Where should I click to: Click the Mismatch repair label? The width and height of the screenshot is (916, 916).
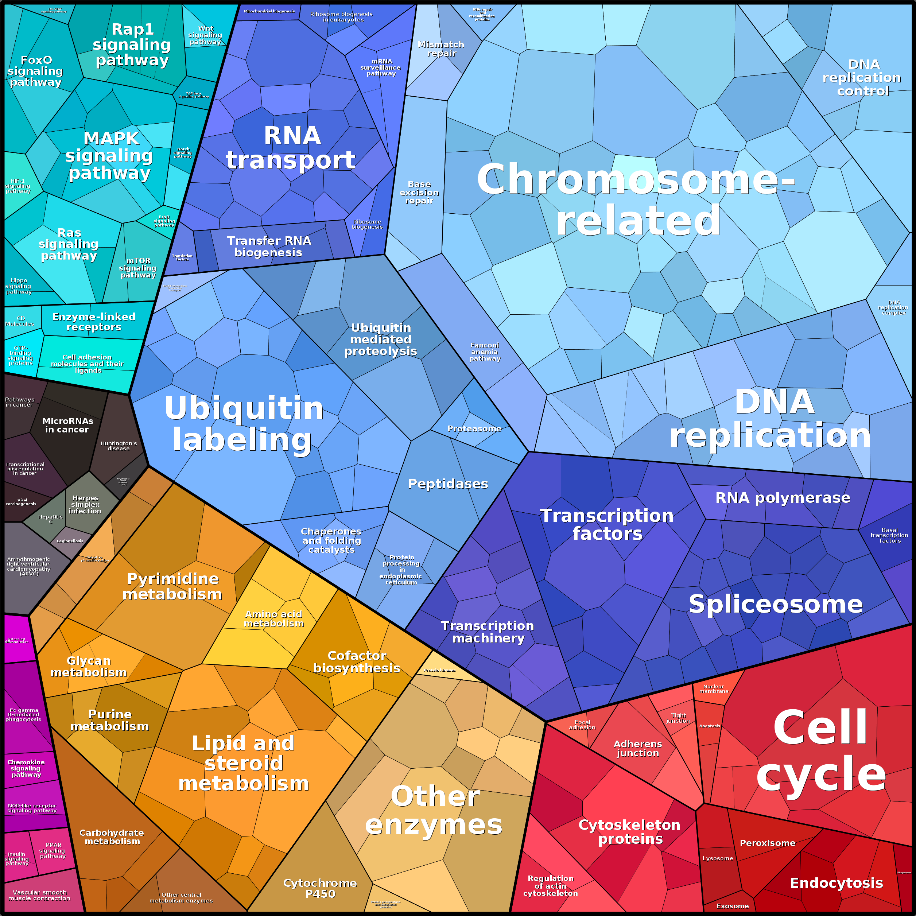(441, 49)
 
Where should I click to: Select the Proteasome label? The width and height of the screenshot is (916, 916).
(474, 428)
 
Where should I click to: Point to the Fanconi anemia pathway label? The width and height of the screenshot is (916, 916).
(485, 352)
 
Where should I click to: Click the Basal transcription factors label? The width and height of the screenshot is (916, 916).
(889, 535)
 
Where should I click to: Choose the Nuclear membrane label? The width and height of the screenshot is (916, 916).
(714, 689)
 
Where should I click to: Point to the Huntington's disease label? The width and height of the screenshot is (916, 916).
(119, 446)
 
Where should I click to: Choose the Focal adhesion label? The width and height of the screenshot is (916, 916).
(582, 725)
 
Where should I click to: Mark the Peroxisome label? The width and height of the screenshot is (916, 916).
(768, 843)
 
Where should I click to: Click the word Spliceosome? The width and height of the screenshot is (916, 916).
(775, 605)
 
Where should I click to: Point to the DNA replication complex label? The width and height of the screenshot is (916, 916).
(894, 308)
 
